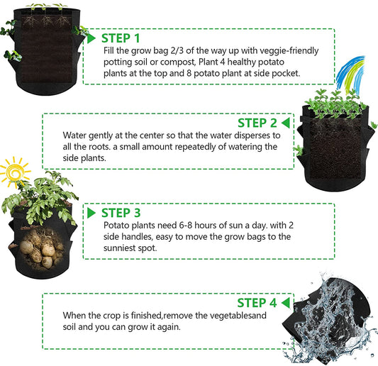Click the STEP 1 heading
coord(121,38)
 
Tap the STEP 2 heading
coord(257,123)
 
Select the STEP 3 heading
coord(121,213)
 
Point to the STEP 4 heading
coord(257,303)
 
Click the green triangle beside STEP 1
coord(91,38)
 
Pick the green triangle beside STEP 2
coord(286,123)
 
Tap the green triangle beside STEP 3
coord(91,213)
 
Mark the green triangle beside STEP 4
coord(286,303)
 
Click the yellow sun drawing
coord(15,172)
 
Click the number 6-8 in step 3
coord(186,225)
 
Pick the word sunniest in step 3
coord(119,248)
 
